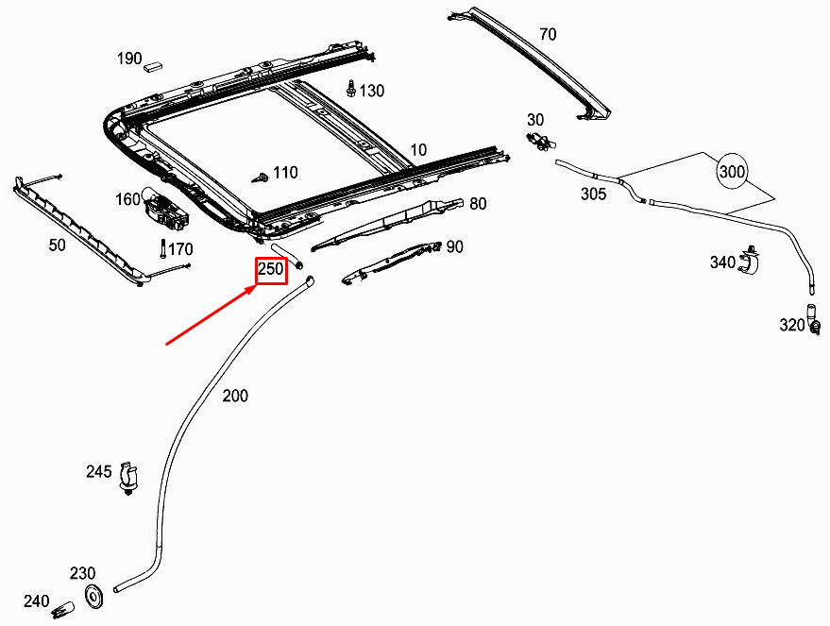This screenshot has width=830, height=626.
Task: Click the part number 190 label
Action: point(129,59)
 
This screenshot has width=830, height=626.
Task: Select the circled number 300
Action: point(732,173)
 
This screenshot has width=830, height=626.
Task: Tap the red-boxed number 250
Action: point(271,270)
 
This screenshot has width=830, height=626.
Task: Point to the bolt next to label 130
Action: point(351,90)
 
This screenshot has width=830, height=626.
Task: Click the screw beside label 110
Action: point(258,177)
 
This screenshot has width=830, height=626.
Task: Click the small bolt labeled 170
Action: point(163,250)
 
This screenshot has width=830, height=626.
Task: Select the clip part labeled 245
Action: point(129,475)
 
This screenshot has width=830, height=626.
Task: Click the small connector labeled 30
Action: point(539,141)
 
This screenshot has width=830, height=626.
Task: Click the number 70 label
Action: point(548,35)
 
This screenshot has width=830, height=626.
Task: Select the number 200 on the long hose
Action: point(235,396)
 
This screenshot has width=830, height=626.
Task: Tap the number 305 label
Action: point(593,193)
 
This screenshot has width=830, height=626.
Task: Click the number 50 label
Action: point(57,245)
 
